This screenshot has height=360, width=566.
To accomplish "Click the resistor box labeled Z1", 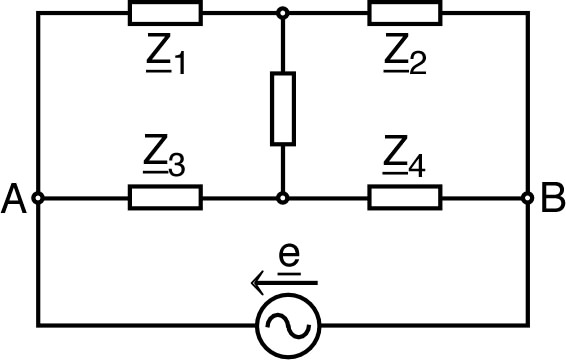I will (165, 13).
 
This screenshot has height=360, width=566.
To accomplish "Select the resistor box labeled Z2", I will (405, 13).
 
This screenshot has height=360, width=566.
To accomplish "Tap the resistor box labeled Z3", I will (165, 197).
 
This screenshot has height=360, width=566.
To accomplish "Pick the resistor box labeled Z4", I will (405, 197).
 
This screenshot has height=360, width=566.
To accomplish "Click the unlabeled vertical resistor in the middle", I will (283, 107).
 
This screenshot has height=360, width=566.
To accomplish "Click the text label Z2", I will (405, 59).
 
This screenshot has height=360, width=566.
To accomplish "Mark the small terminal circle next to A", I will (37, 198).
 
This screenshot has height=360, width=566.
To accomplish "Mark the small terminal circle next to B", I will (528, 198).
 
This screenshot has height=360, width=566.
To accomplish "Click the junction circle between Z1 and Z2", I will (283, 13).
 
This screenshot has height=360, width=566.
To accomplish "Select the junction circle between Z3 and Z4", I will (283, 198).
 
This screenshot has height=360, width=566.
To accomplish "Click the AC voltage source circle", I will (287, 326).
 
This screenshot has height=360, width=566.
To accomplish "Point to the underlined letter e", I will (288, 257).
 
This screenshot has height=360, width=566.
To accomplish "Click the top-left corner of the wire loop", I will (37, 13).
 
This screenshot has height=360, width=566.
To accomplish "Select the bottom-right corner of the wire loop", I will (528, 325).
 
